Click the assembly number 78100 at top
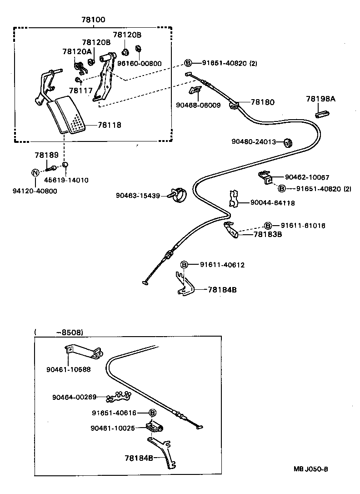93,20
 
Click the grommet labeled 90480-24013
287,143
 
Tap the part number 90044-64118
272,203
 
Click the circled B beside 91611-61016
268,226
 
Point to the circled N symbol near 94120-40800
34,173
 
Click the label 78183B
268,235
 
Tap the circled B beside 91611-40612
185,265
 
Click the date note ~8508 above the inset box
70,333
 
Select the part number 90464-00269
74,397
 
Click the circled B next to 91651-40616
153,413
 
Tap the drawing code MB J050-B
310,469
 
